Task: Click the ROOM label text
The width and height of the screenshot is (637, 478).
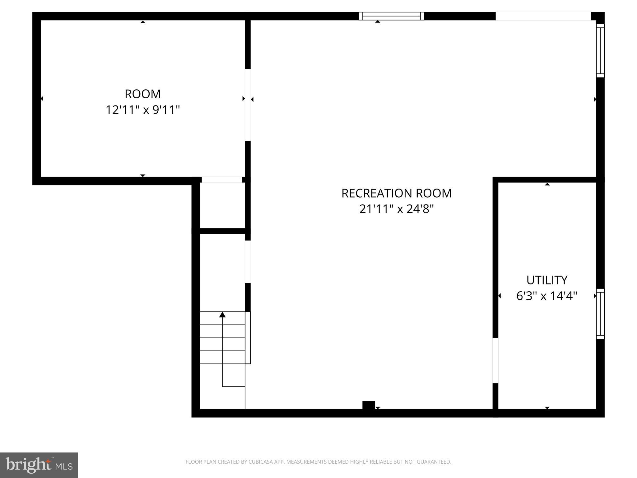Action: [x=143, y=94]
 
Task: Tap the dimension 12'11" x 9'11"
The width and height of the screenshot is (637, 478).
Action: [x=143, y=110]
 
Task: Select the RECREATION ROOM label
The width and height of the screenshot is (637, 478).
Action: [x=396, y=193]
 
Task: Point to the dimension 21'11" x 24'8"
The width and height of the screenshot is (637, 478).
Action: [x=396, y=209]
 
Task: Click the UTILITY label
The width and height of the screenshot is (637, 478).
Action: [x=547, y=280]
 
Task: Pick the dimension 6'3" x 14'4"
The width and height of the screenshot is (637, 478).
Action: [x=547, y=296]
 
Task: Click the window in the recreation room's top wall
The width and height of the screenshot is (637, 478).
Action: [x=391, y=16]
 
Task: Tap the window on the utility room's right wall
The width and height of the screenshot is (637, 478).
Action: [x=600, y=314]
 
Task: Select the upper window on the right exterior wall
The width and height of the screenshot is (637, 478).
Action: [x=600, y=50]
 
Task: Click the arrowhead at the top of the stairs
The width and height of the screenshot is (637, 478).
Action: [x=222, y=315]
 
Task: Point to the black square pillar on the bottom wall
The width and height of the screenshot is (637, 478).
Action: [x=369, y=405]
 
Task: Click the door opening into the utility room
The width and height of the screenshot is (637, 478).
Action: [x=495, y=360]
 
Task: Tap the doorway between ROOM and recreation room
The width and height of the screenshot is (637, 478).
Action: [x=248, y=105]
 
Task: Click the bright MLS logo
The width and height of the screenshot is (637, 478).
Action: [x=39, y=465]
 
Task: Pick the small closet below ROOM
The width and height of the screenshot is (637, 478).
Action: [x=222, y=205]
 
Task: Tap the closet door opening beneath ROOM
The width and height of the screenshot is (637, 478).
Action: [x=222, y=180]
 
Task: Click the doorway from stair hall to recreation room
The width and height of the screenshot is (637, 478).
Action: [x=248, y=262]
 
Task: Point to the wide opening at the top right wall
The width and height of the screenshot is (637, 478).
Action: [x=543, y=16]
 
